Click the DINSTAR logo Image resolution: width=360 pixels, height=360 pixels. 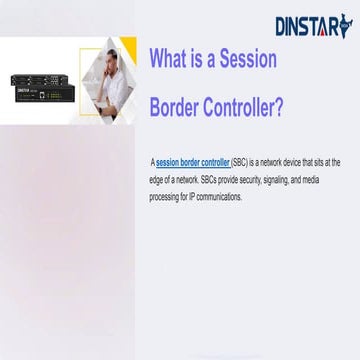point(314,25)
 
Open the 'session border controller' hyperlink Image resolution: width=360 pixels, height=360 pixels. point(193,161)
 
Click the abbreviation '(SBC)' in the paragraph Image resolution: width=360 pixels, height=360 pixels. point(245,161)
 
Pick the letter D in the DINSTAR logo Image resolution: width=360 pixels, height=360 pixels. point(281,26)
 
